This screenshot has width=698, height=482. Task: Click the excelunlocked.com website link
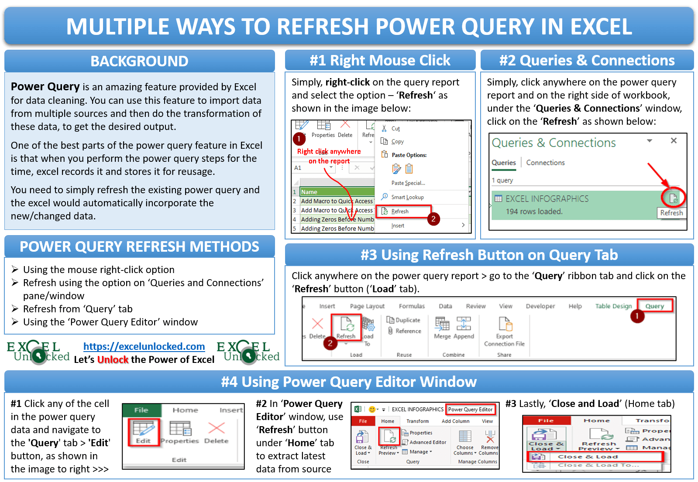tap(144, 346)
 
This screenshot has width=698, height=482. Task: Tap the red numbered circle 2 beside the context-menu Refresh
tap(433, 219)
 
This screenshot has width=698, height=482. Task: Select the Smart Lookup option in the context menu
tap(407, 197)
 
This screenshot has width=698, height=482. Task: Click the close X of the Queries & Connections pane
tap(674, 140)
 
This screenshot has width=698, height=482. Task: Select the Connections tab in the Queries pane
tap(545, 163)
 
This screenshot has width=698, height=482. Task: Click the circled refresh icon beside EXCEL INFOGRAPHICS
tap(673, 198)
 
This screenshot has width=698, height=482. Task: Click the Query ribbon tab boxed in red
tap(654, 306)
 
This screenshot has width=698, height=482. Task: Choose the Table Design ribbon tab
tap(613, 306)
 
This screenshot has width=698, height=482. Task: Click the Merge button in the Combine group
tap(442, 328)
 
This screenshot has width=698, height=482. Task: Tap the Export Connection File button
tap(504, 332)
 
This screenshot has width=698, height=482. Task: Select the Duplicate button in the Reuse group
tap(403, 320)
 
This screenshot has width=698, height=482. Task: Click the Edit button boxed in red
tap(144, 432)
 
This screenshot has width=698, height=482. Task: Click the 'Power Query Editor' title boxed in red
tap(470, 410)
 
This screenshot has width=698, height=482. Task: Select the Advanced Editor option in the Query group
tap(427, 442)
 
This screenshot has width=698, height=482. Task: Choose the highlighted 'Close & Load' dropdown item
tap(595, 457)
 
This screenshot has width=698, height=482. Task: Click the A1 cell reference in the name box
tap(298, 168)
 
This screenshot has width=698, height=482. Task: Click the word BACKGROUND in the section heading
tap(139, 62)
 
